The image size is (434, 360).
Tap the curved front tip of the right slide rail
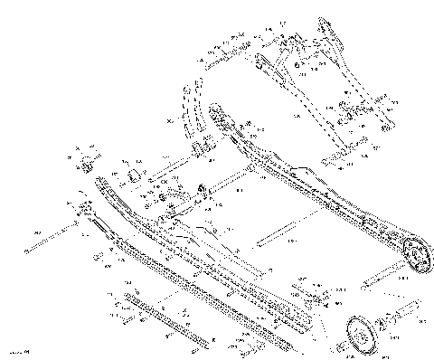tap(216, 113)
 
